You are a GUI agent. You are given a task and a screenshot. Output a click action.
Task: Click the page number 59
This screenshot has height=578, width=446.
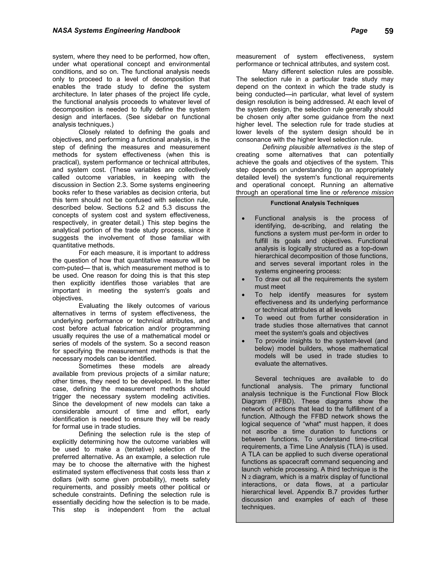point(389,31)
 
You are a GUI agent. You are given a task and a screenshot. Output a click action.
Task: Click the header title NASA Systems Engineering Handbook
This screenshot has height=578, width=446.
point(116,31)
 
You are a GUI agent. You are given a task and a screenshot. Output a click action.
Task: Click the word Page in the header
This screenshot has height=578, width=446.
point(359,31)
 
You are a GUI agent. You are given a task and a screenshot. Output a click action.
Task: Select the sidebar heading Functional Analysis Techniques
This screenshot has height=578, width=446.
point(314,203)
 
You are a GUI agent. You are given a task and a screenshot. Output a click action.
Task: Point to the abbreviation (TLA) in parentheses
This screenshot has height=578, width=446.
point(357,447)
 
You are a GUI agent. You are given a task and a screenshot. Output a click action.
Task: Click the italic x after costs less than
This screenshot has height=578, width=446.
point(208,472)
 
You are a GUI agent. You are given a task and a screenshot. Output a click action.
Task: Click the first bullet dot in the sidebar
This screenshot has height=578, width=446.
point(243,219)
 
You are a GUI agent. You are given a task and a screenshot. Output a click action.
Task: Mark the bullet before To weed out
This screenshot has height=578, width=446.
point(243,318)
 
